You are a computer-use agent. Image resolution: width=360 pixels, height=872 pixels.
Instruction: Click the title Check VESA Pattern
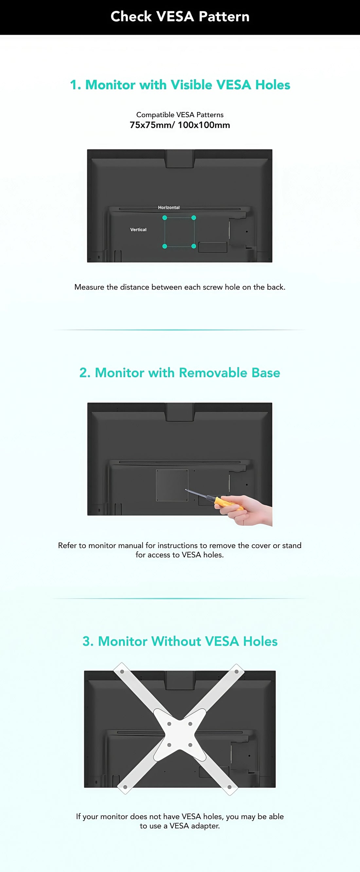pos(180,16)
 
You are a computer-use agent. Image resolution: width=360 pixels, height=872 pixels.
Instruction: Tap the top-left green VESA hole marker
pos(165,218)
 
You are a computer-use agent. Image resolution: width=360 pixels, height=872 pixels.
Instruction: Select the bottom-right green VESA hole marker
pos(193,246)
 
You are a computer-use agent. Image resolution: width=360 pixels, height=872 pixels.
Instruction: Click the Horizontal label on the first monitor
pos(169,207)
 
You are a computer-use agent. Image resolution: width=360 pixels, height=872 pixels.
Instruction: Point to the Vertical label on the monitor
pos(138,230)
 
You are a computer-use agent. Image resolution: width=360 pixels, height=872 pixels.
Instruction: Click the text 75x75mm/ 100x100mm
pos(180,125)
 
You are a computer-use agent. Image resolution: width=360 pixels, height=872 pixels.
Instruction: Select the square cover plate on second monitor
pos(172,485)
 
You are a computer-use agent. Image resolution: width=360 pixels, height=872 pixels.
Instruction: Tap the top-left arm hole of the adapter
pos(122,672)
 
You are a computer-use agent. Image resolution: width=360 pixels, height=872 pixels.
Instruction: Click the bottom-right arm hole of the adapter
pos(229,787)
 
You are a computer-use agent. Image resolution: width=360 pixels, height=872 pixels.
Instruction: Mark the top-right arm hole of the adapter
pos(237,672)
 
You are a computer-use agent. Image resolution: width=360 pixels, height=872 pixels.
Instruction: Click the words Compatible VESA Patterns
pos(180,115)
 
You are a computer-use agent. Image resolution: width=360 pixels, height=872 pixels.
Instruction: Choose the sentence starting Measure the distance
pos(180,287)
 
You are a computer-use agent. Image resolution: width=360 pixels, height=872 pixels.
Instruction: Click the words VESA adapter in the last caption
pos(194,825)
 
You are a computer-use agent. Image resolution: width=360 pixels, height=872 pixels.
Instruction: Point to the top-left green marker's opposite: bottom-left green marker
pos(165,246)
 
